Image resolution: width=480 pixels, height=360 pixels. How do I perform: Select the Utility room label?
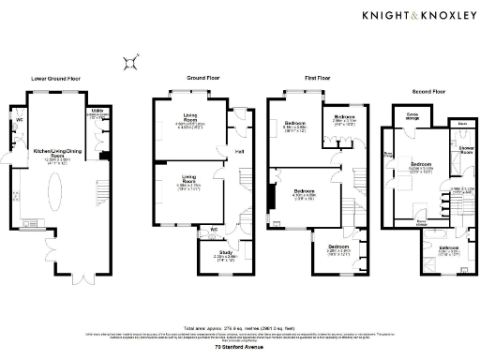point(97,111)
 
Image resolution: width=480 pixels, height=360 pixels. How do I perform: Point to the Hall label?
point(238,149)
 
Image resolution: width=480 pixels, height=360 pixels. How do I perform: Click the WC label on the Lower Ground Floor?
point(19,120)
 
